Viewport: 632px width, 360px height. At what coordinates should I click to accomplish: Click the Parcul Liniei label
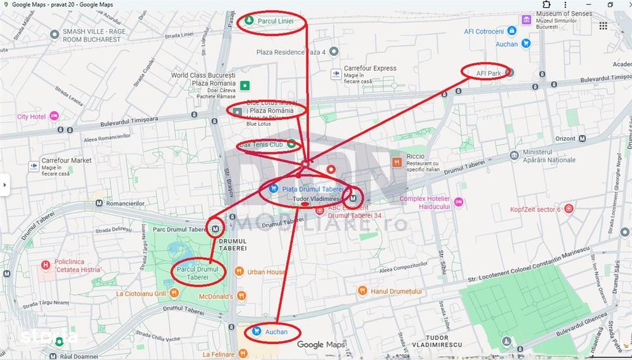(x=276, y=21)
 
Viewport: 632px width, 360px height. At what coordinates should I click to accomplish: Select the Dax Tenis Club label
(x=261, y=145)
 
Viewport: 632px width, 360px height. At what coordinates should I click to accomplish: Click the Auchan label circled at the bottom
(x=276, y=332)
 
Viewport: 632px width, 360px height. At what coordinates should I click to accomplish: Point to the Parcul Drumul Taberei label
(x=197, y=273)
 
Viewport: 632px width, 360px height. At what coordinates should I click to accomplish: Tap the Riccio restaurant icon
(x=397, y=162)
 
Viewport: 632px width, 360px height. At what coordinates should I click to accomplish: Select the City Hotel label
(x=31, y=117)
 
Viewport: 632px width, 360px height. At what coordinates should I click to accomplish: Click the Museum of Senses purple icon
(x=526, y=19)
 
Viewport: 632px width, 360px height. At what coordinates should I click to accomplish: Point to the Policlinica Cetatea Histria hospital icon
(x=45, y=265)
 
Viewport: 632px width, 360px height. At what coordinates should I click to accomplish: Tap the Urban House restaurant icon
(x=239, y=272)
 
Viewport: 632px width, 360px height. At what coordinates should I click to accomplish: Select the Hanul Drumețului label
(x=396, y=291)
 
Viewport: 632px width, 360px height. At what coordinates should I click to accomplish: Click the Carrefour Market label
(x=66, y=161)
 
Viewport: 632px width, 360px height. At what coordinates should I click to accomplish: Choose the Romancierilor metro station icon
(x=99, y=204)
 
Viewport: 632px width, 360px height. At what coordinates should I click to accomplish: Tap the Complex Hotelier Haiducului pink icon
(x=458, y=202)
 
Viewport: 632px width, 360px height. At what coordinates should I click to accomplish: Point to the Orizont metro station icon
(x=581, y=139)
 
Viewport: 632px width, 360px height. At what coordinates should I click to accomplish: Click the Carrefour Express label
(x=370, y=68)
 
